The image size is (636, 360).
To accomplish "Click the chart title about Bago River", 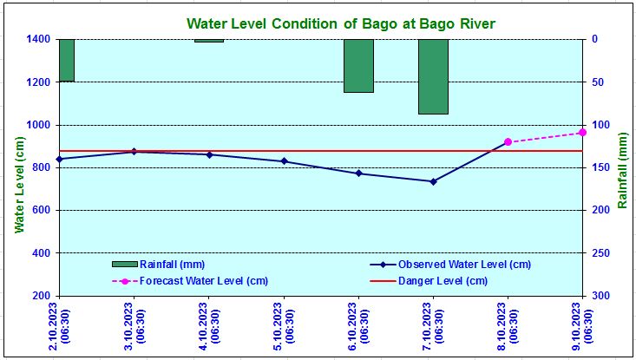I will (341, 23).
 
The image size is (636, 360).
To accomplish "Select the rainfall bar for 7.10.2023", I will (433, 76).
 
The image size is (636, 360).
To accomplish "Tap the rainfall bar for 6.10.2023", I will (358, 65).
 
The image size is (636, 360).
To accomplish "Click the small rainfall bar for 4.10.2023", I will (209, 41).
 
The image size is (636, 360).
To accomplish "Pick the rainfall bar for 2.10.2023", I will (67, 60).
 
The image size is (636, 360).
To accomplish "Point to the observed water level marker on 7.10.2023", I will (433, 181).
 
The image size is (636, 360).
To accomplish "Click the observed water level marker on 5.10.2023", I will (284, 161).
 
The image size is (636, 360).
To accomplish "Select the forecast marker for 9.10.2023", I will (582, 132).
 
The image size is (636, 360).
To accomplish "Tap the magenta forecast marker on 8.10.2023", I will (508, 142).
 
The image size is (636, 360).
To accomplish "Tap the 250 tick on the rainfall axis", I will (600, 252).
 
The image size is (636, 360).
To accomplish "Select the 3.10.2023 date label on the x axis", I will (133, 325).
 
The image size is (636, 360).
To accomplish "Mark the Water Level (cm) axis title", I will (18, 184).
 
